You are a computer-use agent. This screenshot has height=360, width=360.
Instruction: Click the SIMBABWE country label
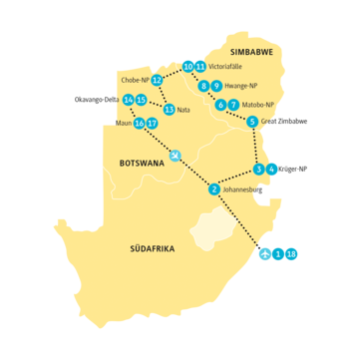coord(251,50)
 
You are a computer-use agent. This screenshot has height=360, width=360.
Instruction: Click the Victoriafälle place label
coord(230,67)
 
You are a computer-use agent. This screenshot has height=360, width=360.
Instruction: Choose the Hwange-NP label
coord(242,87)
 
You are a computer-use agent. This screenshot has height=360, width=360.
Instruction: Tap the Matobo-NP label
coord(257,105)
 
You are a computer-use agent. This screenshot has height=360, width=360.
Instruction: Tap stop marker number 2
coord(215,189)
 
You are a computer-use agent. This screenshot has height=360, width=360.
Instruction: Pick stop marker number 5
coord(252,122)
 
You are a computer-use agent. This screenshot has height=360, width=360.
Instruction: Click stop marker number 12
coord(157,80)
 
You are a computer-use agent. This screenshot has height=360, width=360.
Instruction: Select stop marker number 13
coord(169,110)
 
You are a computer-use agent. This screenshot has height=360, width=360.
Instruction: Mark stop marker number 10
coord(188,67)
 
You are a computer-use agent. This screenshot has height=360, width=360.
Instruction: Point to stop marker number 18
coord(291,254)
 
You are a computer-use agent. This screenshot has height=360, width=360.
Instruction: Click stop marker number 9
coord(216,87)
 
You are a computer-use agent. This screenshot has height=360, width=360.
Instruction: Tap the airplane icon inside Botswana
coord(176,155)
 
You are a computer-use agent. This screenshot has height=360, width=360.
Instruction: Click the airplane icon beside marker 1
coord(264,254)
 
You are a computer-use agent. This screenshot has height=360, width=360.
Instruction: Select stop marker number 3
coord(258,170)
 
